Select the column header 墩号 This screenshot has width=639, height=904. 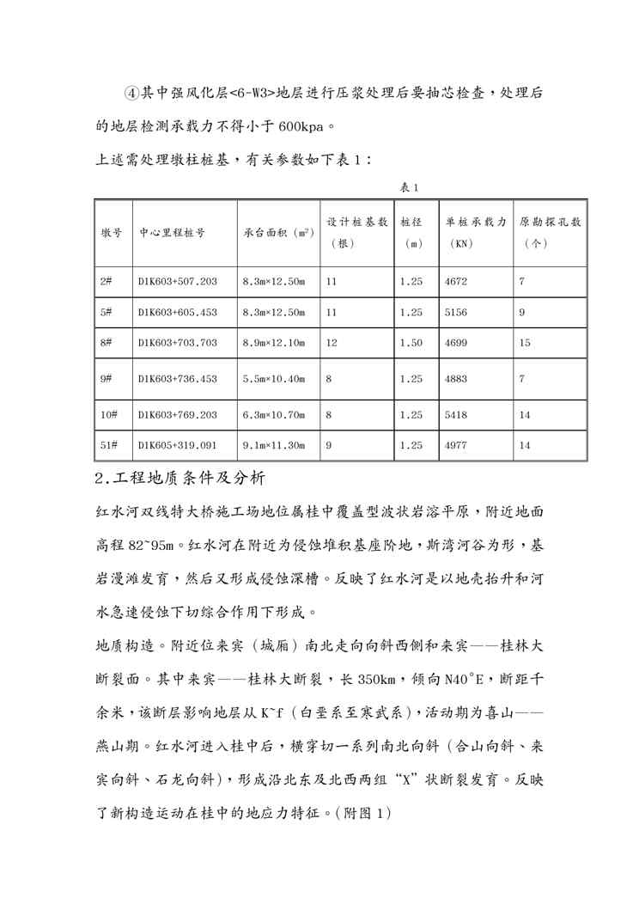[x=111, y=232]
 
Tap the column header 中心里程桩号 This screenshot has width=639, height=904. [x=172, y=232]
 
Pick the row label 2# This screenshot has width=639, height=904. [x=106, y=281]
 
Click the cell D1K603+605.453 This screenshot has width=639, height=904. [x=177, y=312]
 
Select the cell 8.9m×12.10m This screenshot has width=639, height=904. [x=274, y=343]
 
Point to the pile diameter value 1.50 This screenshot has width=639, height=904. [x=411, y=343]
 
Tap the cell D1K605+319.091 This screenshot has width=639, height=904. [x=177, y=445]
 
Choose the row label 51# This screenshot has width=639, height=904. [x=109, y=445]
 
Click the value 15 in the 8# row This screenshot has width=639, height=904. [x=525, y=343]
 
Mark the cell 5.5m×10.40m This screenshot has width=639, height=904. [x=274, y=378]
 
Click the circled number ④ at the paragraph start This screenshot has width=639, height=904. [x=131, y=92]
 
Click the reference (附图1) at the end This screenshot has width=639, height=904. [x=362, y=810]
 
